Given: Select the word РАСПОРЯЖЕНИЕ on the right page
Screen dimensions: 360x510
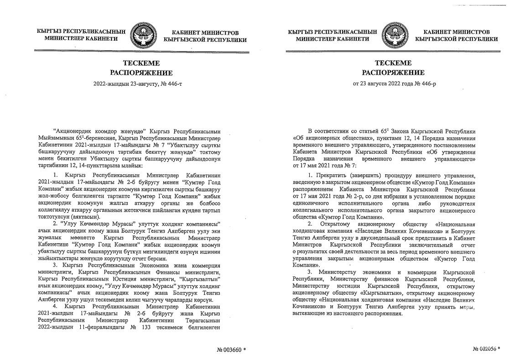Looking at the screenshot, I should [x=393, y=73].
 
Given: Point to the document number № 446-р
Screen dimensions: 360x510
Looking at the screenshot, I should [x=412, y=84].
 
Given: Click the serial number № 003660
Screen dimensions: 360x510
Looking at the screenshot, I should [x=231, y=350].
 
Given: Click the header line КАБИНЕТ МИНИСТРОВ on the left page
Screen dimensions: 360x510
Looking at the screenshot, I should [x=205, y=32].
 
